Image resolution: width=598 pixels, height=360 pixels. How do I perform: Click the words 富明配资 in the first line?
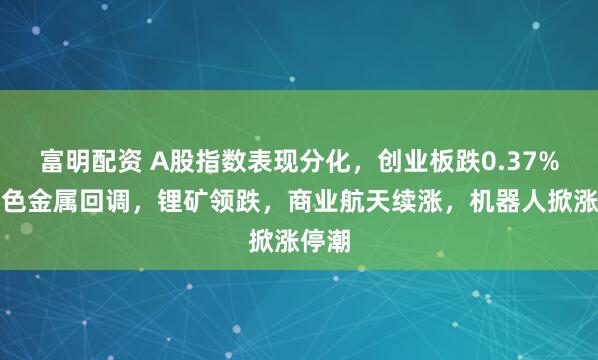(94, 161)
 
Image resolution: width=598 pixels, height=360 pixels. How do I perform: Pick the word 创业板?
(419, 161)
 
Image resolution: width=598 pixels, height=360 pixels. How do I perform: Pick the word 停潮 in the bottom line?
(326, 242)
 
